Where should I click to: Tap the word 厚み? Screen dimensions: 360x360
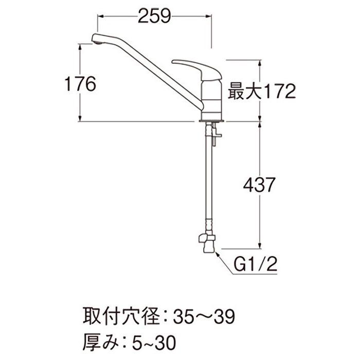tap(98, 340)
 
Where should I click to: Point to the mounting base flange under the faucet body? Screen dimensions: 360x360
tap(210, 121)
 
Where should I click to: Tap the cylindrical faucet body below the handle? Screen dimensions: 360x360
tap(210, 98)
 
